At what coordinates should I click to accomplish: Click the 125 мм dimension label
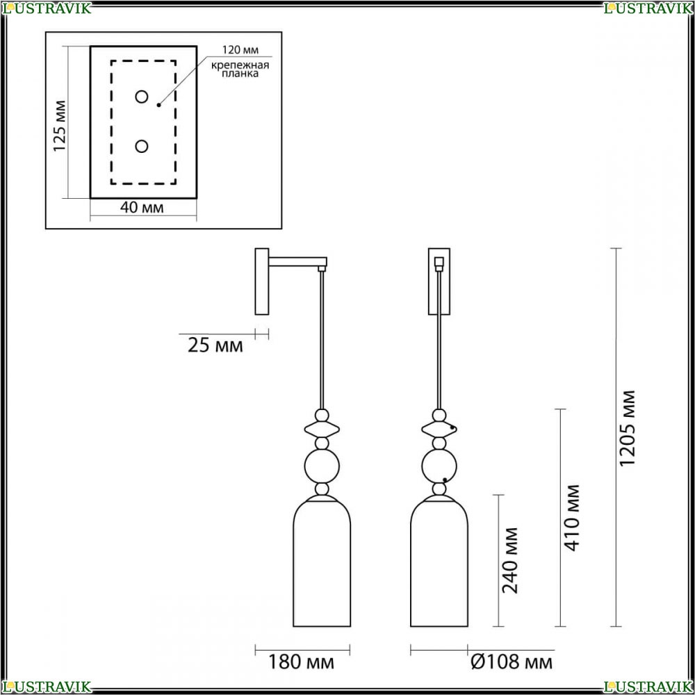pos(59,126)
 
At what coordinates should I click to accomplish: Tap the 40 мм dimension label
pos(142,207)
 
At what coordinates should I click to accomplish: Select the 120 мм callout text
pos(240,49)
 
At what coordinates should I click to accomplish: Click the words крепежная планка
pos(240,69)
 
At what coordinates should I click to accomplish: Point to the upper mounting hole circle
pos(141,97)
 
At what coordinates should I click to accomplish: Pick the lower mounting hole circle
pos(141,146)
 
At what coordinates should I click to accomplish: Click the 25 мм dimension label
pos(215,345)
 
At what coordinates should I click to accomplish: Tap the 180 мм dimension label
pos(302,662)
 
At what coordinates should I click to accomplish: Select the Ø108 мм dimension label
pos(512,662)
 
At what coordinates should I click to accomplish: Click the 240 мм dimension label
pos(509,560)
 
